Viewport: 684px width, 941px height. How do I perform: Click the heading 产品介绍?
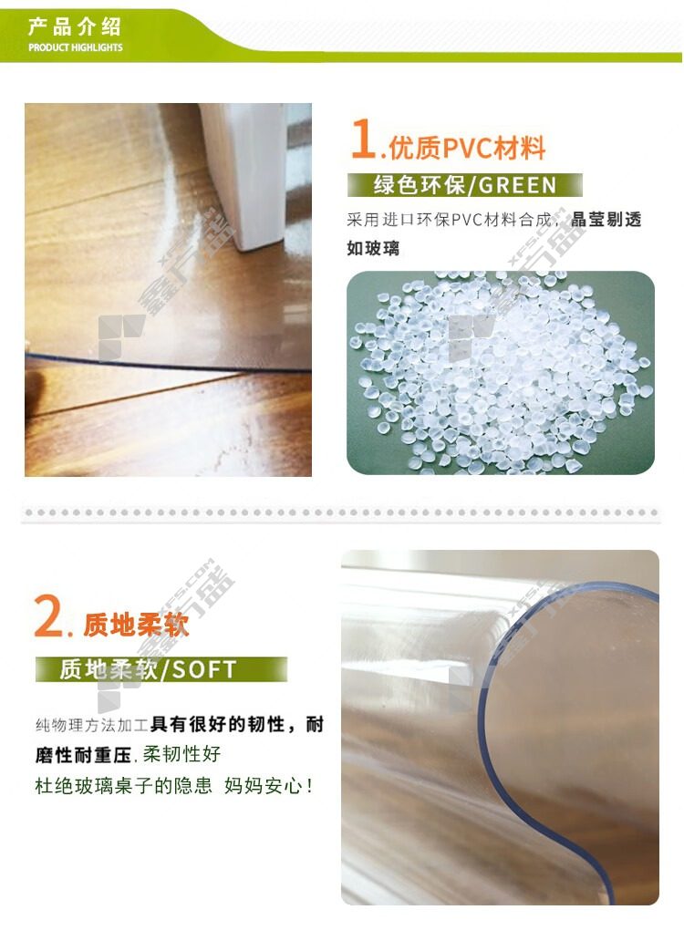click(x=75, y=26)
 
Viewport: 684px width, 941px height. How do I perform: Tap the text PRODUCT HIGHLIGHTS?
click(x=75, y=47)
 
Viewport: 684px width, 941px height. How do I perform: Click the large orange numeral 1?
click(x=363, y=139)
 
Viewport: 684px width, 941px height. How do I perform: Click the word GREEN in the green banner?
click(x=518, y=185)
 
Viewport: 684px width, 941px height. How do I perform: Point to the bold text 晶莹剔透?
click(x=606, y=220)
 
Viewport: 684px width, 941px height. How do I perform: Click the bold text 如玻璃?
click(x=373, y=248)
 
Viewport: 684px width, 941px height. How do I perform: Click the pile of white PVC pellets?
click(x=501, y=372)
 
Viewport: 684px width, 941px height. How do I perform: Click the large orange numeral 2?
click(x=49, y=616)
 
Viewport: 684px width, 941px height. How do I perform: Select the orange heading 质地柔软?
click(x=136, y=625)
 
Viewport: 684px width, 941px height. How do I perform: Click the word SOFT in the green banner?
click(x=204, y=670)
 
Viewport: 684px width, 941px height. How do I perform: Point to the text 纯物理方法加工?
click(x=92, y=726)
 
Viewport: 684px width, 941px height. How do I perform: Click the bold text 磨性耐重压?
click(x=83, y=755)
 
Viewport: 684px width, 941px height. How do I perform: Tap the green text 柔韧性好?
click(x=181, y=754)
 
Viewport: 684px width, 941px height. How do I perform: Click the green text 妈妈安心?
click(x=268, y=786)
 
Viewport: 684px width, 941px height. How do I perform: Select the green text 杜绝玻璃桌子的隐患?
click(x=124, y=786)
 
